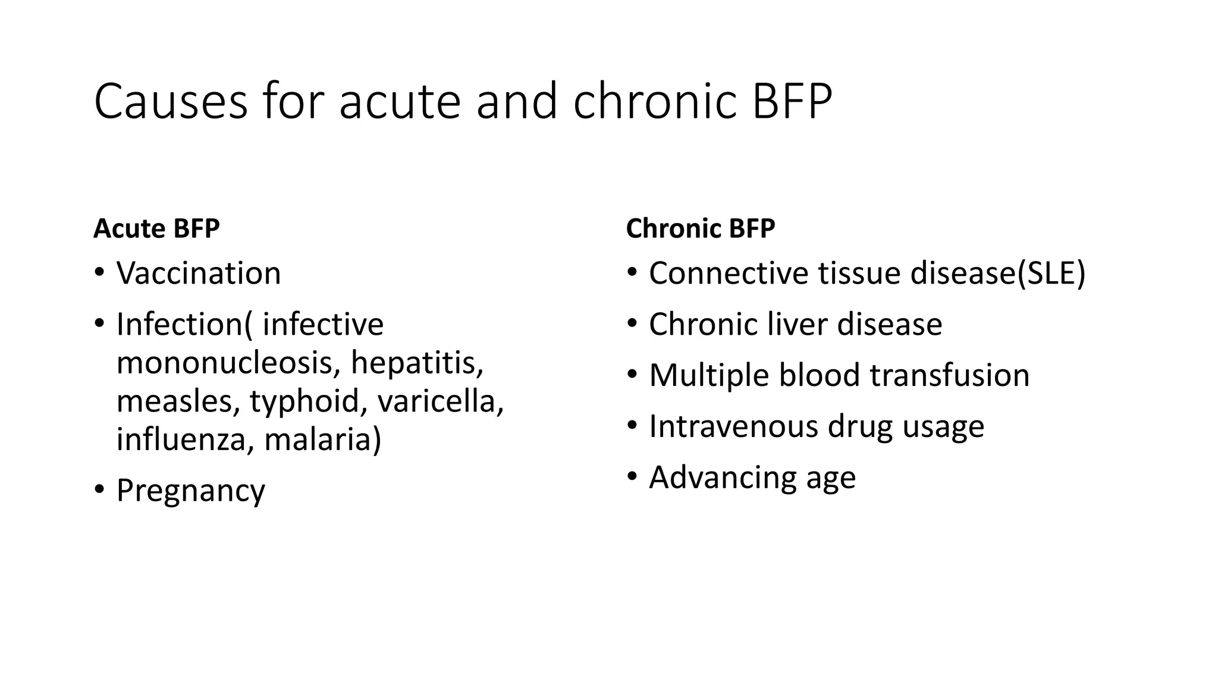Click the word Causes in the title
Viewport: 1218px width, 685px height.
(x=171, y=102)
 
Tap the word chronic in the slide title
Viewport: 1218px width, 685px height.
(x=655, y=102)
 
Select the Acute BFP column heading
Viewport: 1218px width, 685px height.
(x=156, y=229)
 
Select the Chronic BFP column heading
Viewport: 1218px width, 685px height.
(x=701, y=229)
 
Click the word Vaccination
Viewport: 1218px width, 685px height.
(x=199, y=274)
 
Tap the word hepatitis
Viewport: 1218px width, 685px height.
(x=416, y=363)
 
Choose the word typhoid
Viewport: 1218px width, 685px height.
(x=304, y=401)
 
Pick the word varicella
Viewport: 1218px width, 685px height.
(x=440, y=401)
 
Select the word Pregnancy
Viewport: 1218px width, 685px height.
(x=190, y=491)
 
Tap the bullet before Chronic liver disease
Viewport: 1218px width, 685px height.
(x=632, y=324)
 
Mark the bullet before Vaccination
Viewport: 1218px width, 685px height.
(x=99, y=273)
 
